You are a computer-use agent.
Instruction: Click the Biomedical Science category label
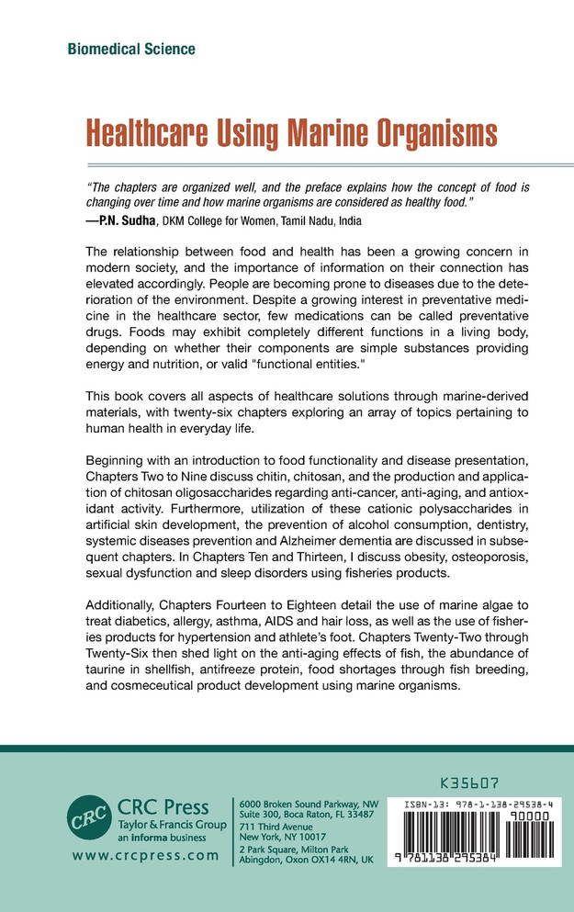point(131,49)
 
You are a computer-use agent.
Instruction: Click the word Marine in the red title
point(341,132)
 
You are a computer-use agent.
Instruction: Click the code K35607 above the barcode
point(469,786)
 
